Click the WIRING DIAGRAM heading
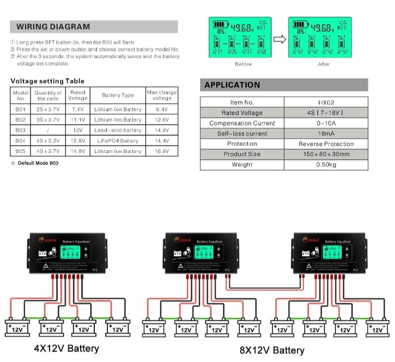53,27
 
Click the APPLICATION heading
232,85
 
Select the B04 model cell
20,141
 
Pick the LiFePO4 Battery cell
118,141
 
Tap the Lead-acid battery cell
118,130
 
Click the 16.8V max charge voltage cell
162,151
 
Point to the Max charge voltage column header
162,95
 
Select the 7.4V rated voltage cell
78,110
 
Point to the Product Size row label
242,154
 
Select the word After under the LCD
324,64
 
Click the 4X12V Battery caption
66,348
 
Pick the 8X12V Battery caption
271,349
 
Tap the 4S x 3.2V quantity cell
48,141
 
